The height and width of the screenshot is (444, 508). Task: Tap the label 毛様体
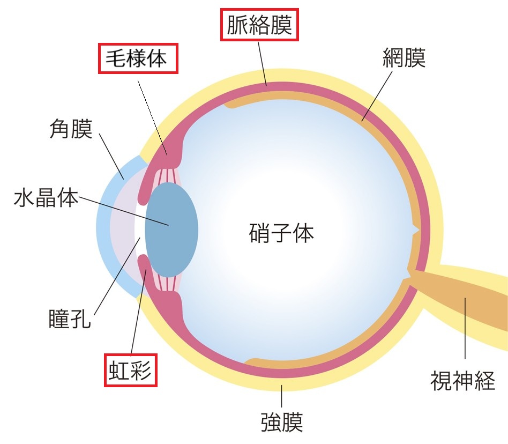pyautogui.click(x=138, y=58)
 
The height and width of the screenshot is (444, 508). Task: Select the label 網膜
pyautogui.click(x=404, y=58)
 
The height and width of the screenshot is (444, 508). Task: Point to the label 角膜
pyautogui.click(x=70, y=129)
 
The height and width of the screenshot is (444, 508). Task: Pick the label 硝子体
pyautogui.click(x=281, y=233)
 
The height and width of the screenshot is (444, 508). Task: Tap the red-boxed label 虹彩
pyautogui.click(x=130, y=369)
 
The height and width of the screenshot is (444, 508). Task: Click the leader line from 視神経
pyautogui.click(x=465, y=327)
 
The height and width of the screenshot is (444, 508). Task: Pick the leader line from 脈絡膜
pyautogui.click(x=262, y=62)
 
